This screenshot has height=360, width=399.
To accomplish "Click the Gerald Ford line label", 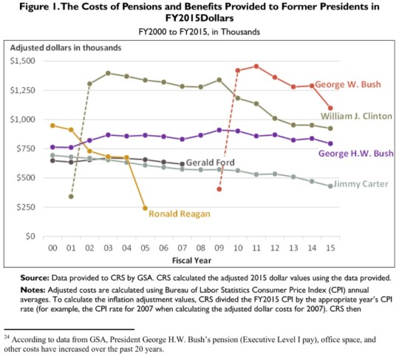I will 211,162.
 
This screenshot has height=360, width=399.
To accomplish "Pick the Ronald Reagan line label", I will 180,214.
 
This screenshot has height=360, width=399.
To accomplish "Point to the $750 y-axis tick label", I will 30,148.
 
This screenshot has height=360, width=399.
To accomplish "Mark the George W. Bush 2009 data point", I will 219,189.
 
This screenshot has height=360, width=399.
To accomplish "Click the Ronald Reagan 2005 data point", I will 145,208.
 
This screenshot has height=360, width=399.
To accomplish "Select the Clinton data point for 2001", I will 71,197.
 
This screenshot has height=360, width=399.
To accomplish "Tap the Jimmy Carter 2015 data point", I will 330,186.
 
